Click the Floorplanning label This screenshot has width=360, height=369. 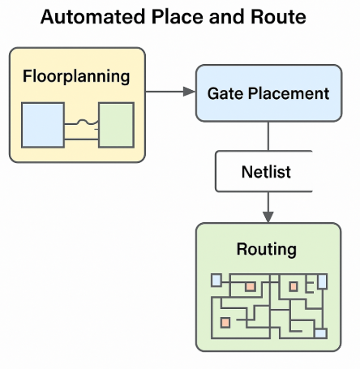tap(76, 77)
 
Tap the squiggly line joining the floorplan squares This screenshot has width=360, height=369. tap(80, 123)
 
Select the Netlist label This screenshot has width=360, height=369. tap(266, 172)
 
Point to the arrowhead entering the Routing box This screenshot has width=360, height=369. tap(268, 217)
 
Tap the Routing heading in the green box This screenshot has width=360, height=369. tap(266, 248)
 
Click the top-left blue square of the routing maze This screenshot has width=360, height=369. tap(216, 281)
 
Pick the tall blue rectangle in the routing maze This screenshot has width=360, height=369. tap(323, 281)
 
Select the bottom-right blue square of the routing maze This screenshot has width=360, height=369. tap(320, 333)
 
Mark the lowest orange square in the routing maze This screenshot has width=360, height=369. tap(225, 323)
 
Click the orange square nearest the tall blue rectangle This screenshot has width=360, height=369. tap(294, 286)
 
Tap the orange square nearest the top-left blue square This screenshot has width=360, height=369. tap(251, 287)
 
